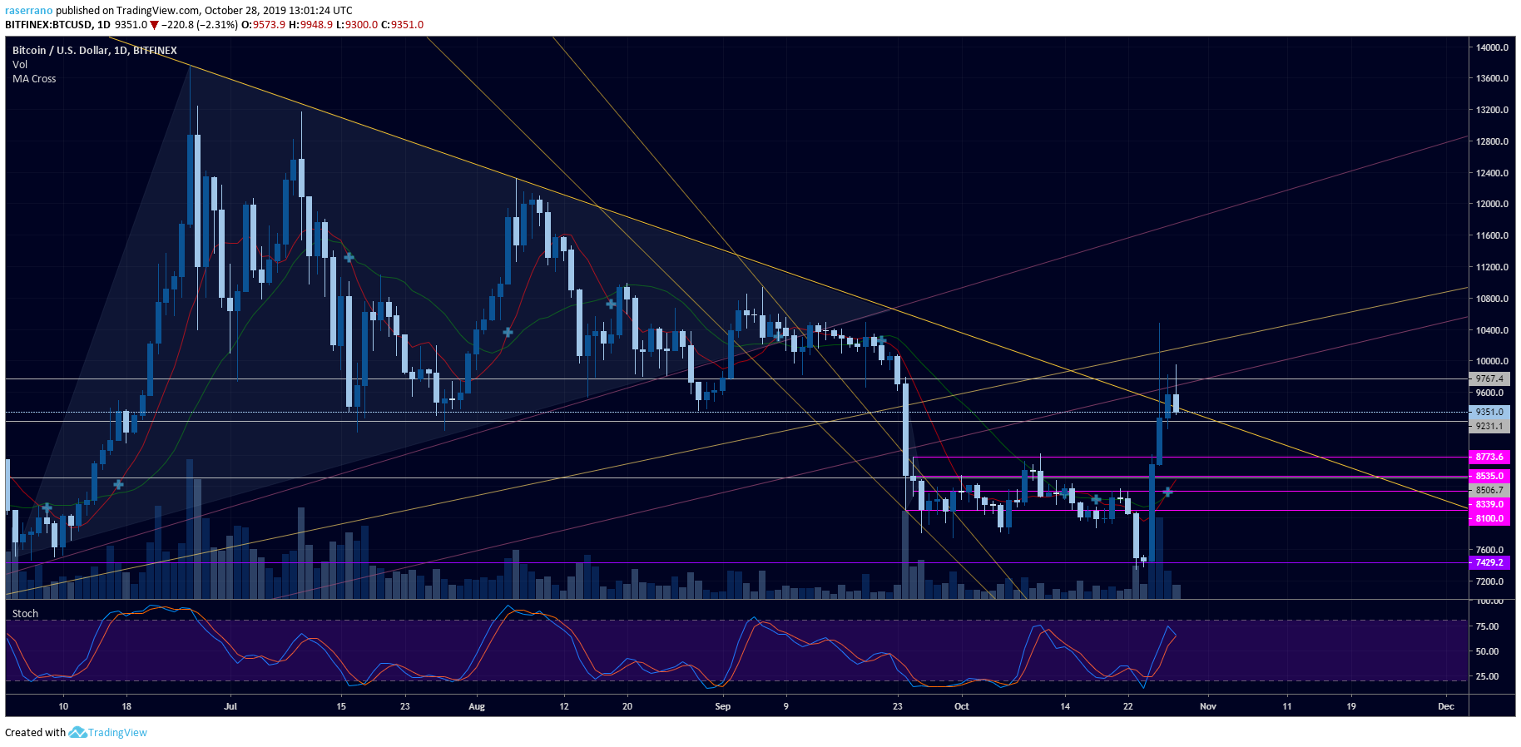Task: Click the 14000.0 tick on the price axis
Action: point(1492,47)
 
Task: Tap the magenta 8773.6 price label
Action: point(1489,457)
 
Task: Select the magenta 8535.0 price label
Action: point(1489,476)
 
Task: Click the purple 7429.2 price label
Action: point(1489,562)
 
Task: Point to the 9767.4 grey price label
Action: point(1489,378)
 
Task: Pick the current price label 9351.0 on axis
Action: point(1489,412)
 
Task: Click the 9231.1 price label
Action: point(1489,426)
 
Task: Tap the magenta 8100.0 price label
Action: point(1489,518)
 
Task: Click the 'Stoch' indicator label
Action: point(25,614)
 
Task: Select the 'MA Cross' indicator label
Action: point(34,79)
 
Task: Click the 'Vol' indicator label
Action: point(20,65)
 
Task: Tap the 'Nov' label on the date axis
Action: point(1208,706)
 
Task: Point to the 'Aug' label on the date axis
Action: point(477,706)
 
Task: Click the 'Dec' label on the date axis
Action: point(1446,706)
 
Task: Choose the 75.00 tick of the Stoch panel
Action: point(1487,626)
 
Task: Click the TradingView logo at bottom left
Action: point(108,732)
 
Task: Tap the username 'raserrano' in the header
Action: point(28,11)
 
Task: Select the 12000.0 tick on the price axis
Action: point(1492,204)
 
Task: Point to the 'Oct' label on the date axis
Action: point(962,706)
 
